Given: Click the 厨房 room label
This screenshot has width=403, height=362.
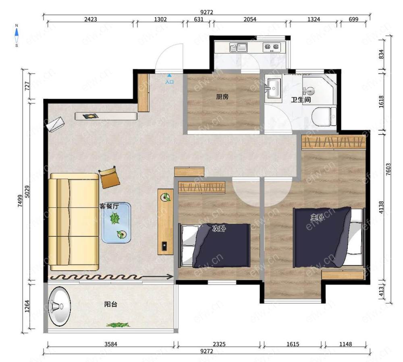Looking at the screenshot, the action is [x=222, y=97].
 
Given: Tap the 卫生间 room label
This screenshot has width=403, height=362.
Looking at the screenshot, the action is [x=301, y=99].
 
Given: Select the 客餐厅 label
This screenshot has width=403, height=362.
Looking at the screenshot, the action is [x=109, y=206].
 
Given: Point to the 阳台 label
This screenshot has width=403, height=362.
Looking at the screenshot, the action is [x=111, y=304].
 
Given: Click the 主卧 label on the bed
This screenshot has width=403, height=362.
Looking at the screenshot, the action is [x=317, y=217].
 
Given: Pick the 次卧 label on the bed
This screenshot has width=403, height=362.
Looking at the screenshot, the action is [x=219, y=228].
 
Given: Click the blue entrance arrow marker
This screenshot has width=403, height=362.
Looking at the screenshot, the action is [x=169, y=75].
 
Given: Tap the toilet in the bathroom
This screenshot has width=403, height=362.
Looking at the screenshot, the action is [x=324, y=116].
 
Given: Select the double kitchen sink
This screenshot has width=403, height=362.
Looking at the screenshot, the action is [x=238, y=47].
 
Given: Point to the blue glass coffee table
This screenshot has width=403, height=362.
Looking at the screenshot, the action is [x=116, y=223].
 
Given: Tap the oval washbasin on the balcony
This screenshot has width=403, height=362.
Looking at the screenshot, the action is [x=59, y=306].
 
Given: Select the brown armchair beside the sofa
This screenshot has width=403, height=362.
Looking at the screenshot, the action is [x=110, y=177].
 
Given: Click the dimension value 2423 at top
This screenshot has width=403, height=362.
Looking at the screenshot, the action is [x=90, y=19].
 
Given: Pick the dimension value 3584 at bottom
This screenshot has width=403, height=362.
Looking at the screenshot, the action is [x=111, y=344].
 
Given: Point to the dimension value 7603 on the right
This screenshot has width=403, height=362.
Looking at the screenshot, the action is [x=388, y=169].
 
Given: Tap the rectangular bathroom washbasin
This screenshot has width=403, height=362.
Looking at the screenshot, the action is [x=273, y=88].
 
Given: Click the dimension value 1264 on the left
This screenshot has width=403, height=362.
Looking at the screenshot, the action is [x=27, y=306].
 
